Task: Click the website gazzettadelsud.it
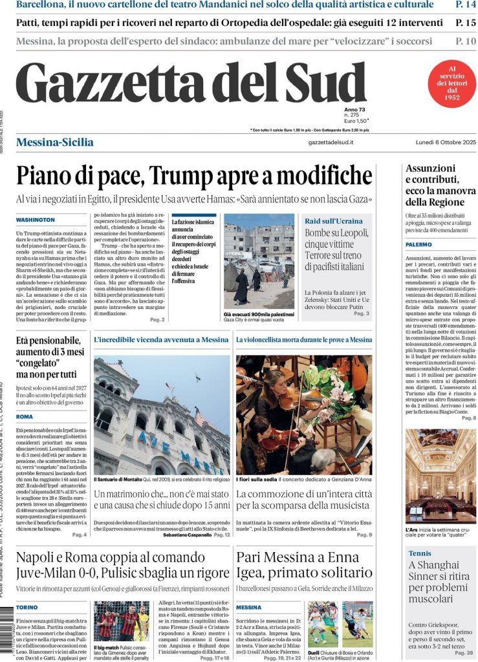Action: [x=331, y=142]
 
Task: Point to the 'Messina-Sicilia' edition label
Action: [x=54, y=142]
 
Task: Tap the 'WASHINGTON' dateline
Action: [x=36, y=220]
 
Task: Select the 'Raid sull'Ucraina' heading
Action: [x=334, y=221]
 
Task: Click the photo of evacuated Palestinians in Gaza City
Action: [x=259, y=261]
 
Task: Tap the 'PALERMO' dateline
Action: [x=419, y=245]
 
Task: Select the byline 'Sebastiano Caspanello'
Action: [x=188, y=535]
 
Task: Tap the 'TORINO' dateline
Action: [x=27, y=608]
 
